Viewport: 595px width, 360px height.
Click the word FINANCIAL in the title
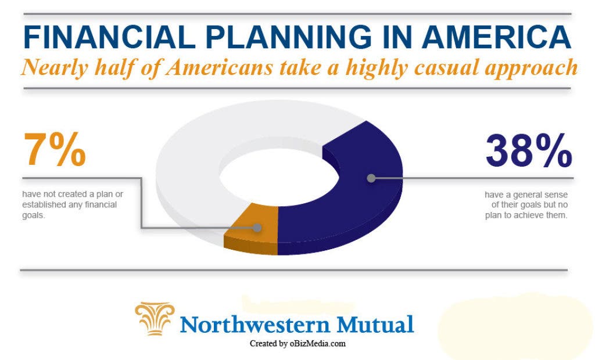click(109, 37)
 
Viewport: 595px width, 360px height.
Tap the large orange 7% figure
click(55, 149)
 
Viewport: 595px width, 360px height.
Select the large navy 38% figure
click(529, 150)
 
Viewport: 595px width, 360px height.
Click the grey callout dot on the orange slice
click(257, 228)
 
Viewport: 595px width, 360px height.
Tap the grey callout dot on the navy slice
click(371, 178)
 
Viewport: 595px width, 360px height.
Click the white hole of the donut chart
click(279, 178)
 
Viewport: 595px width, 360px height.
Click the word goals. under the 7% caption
click(33, 216)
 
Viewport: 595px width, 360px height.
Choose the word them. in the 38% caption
click(557, 215)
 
